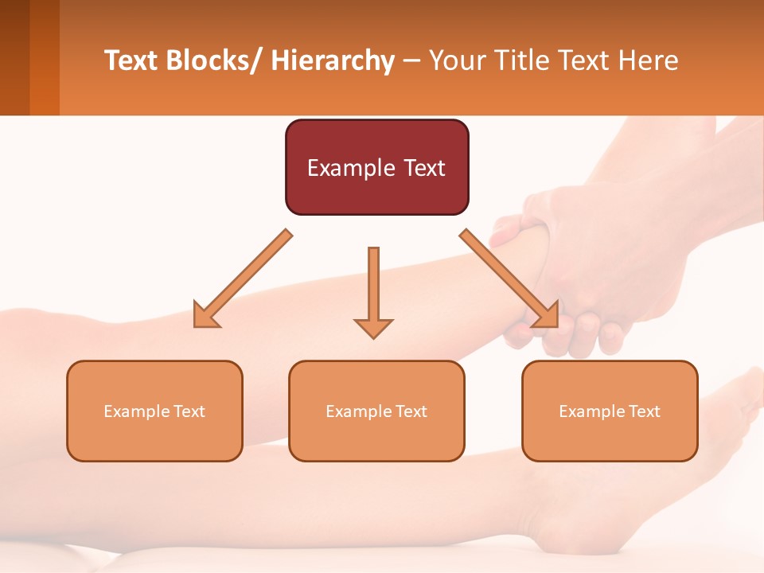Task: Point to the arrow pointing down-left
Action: [x=244, y=279]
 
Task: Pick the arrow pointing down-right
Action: [x=509, y=279]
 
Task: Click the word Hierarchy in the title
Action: [x=333, y=61]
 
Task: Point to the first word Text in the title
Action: [x=132, y=61]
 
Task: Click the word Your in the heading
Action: [x=455, y=61]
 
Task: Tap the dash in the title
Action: [x=411, y=61]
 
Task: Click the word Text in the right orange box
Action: [x=644, y=411]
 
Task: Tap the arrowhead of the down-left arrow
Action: [x=204, y=317]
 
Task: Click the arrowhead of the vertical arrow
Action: [x=373, y=327]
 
